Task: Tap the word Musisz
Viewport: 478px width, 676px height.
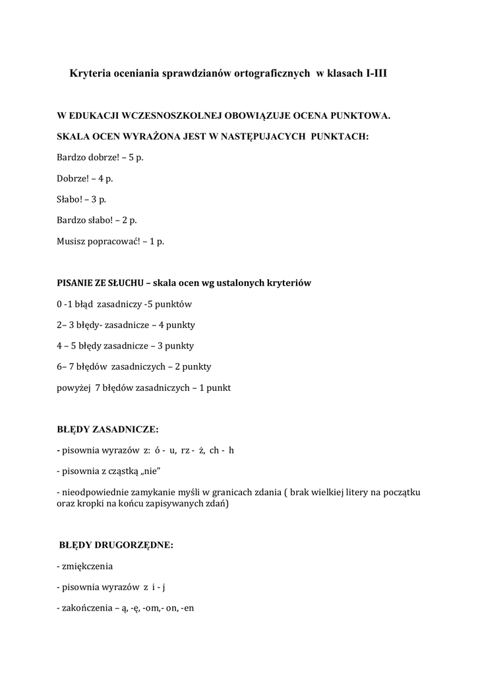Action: point(71,242)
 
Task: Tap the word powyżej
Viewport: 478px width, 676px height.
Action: point(73,388)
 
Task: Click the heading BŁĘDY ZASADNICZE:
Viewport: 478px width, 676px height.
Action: point(107,429)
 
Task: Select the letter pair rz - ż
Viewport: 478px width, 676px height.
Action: point(187,450)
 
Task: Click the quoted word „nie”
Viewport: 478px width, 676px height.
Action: point(148,471)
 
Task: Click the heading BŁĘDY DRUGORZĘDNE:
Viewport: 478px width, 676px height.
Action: point(116,545)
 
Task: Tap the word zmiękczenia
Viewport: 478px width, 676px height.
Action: point(86,566)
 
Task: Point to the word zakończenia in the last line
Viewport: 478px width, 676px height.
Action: point(86,608)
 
